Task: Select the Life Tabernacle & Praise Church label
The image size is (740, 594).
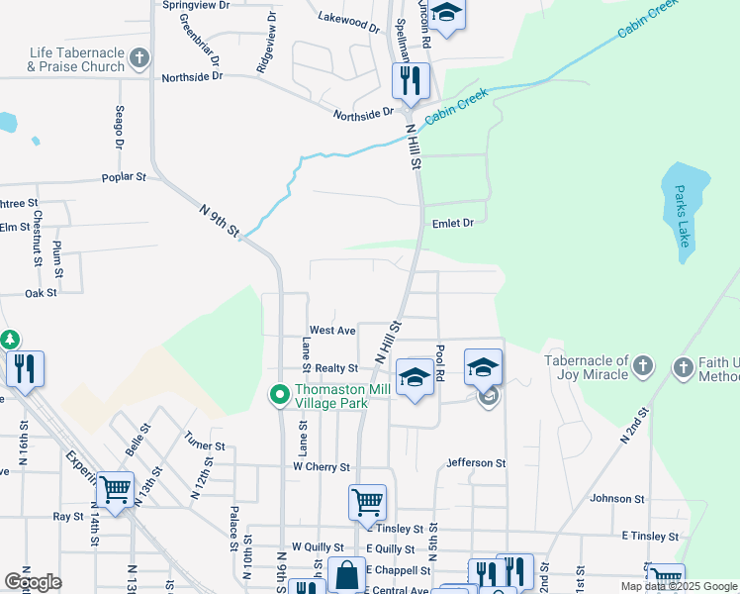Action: point(77,60)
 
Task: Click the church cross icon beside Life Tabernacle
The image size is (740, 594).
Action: point(139,57)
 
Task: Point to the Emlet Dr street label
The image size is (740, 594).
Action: point(453,224)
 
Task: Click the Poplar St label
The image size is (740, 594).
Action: point(124,178)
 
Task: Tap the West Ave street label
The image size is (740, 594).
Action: point(332,330)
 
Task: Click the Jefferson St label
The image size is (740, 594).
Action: point(476,462)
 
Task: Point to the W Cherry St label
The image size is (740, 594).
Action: point(322,466)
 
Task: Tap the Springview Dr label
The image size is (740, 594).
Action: point(196,5)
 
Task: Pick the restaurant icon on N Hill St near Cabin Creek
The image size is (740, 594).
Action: point(411,80)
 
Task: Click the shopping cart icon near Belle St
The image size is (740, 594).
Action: point(116,489)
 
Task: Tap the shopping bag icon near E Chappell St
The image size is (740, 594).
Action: point(347,574)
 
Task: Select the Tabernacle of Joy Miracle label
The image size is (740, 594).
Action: point(587,367)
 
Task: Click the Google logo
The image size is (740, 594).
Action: point(33,582)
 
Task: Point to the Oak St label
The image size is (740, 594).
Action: point(42,293)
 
